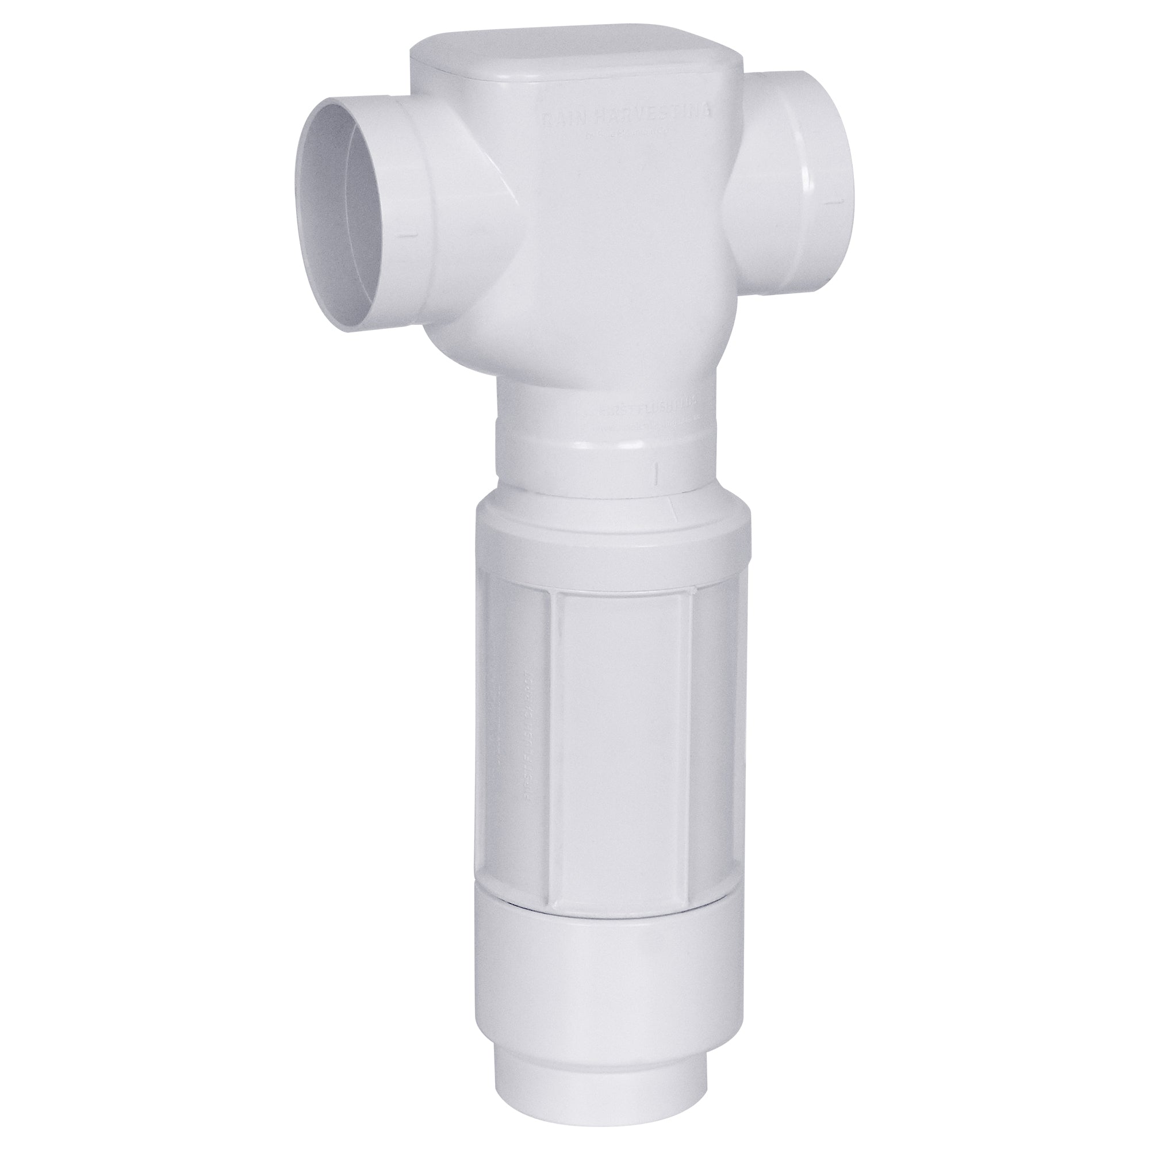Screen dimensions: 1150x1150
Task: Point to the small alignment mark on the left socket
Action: [x=408, y=236]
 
